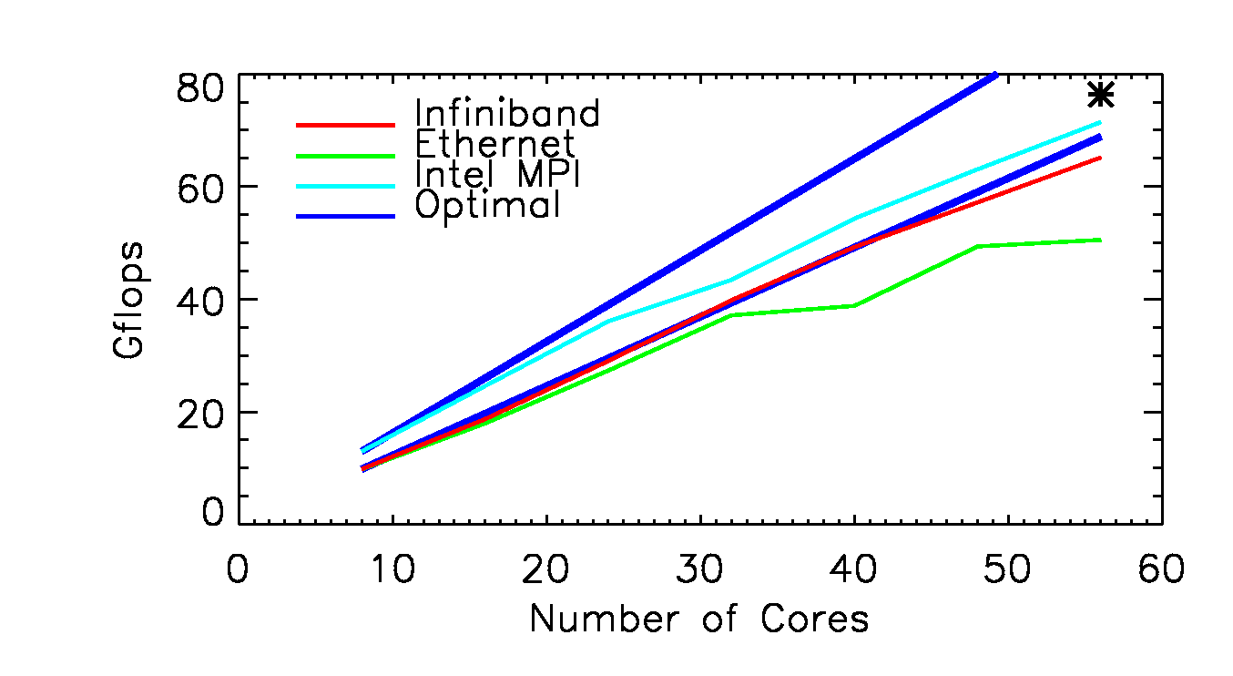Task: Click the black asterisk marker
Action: tap(1101, 95)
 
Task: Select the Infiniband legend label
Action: tap(507, 114)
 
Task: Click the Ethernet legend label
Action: tap(494, 144)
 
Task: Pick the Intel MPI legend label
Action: tap(497, 174)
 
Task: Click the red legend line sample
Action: tap(346, 124)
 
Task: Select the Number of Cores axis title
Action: tap(699, 620)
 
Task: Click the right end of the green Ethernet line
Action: tap(1100, 240)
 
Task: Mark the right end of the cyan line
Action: tap(1100, 122)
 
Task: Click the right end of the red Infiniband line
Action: tap(1100, 158)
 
